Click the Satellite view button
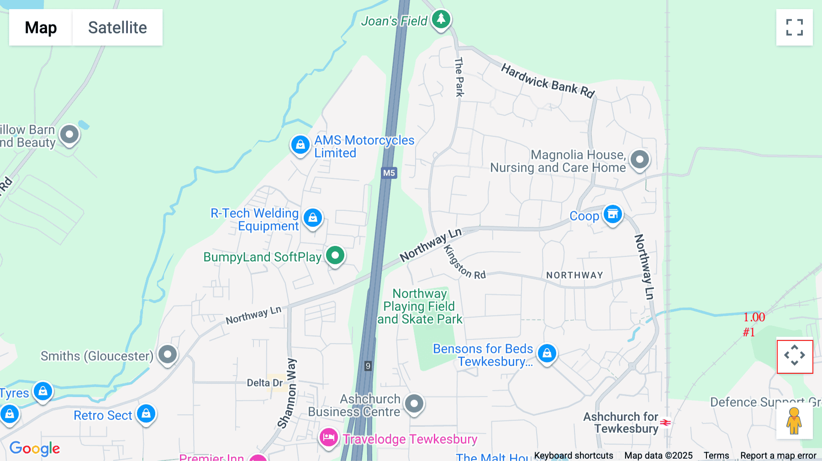coord(117,27)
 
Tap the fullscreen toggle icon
coord(794,27)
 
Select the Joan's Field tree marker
coord(441,19)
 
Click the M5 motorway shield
coord(389,173)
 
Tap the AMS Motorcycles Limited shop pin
coord(300,145)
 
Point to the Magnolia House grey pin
coord(639,160)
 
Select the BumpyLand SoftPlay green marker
coord(335,255)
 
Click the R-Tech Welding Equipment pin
coord(313,218)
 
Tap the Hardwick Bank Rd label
coord(548,81)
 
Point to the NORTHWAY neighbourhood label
coord(574,275)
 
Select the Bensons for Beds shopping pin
coord(547,353)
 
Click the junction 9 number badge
coord(368,366)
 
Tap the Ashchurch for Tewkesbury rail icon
coord(666,423)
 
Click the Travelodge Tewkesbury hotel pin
coord(328,438)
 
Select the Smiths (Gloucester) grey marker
coord(168,354)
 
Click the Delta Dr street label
coord(264,382)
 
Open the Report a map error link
coord(778,455)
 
